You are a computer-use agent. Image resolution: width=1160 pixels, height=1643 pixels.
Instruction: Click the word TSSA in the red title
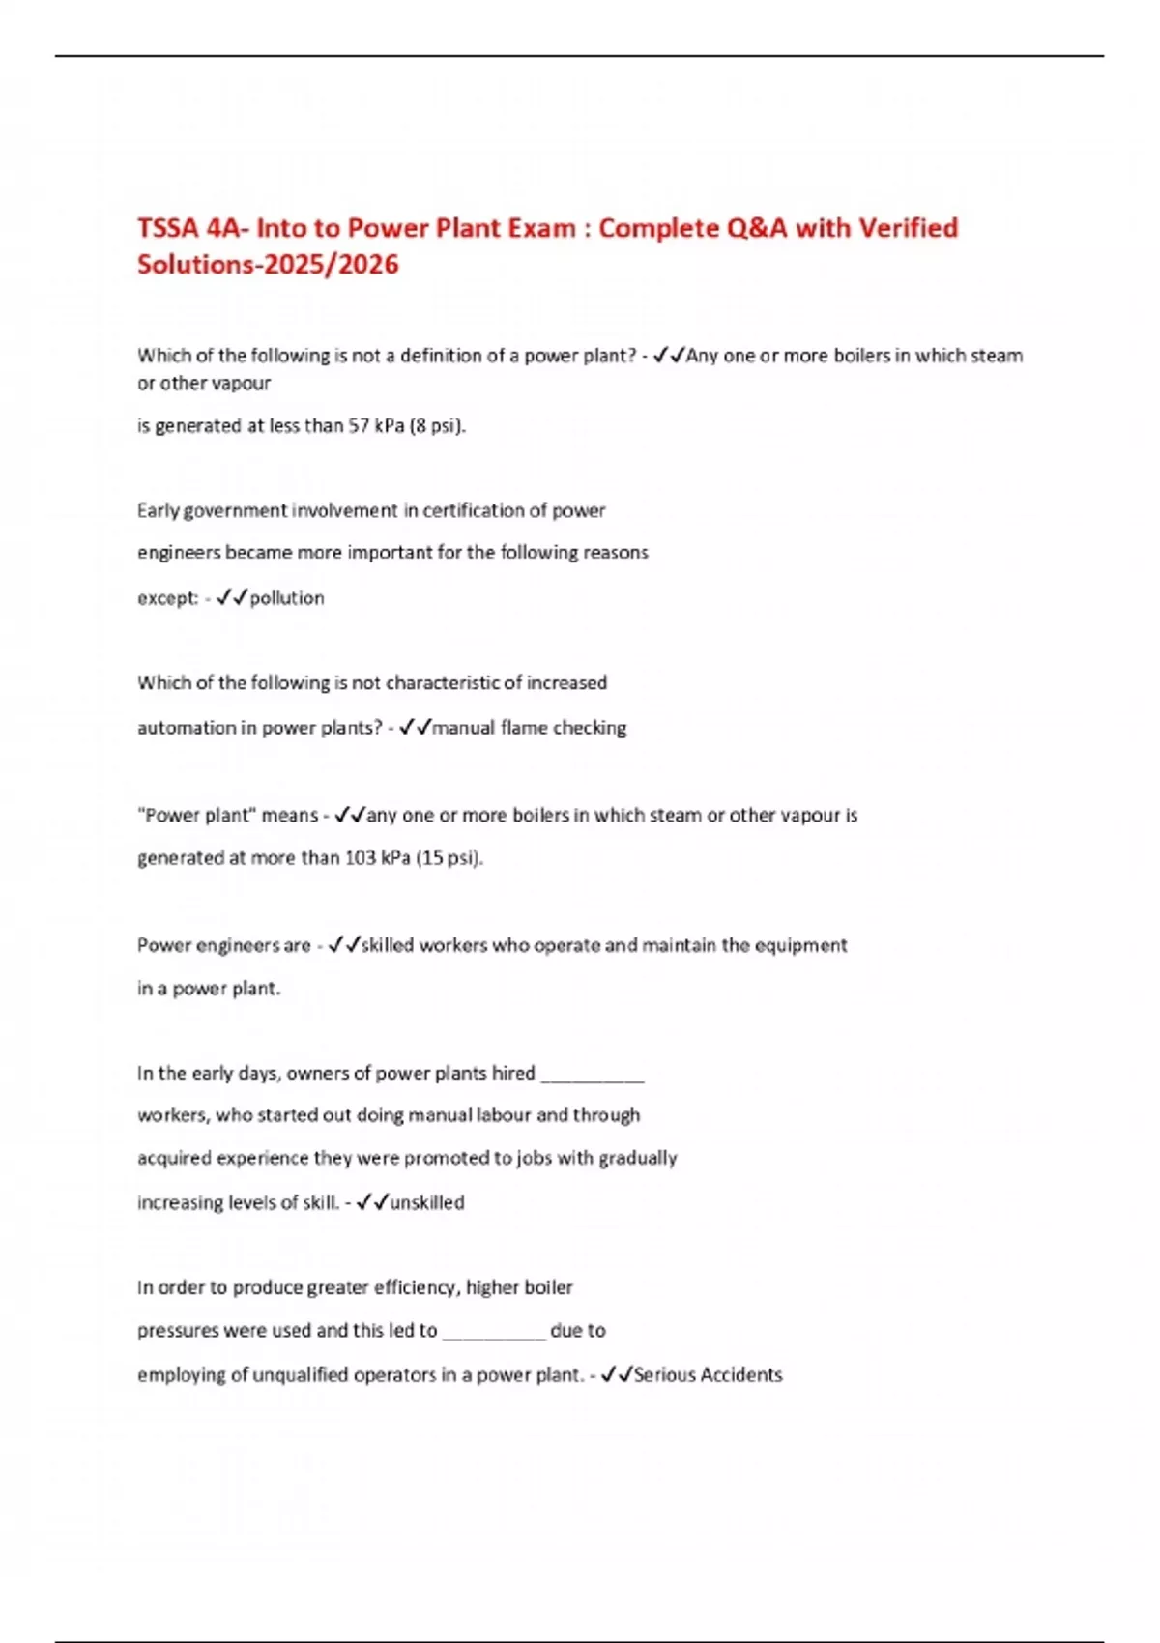167,228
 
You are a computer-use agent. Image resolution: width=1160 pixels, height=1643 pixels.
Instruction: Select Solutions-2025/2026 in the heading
268,265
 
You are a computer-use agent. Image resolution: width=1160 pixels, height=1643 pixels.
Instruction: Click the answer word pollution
287,598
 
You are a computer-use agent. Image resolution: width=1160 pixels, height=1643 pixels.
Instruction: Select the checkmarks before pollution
232,598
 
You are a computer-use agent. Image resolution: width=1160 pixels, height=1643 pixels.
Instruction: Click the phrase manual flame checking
529,728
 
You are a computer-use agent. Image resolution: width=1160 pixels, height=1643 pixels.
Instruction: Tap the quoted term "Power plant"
198,816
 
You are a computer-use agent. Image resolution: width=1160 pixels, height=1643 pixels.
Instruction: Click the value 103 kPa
377,858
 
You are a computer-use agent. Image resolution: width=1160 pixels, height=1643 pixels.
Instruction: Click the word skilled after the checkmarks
387,945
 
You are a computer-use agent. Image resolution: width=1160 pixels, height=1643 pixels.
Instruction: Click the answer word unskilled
427,1203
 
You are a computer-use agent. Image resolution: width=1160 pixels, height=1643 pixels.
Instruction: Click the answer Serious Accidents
708,1375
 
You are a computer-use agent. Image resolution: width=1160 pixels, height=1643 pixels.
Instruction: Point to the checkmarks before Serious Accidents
616,1375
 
